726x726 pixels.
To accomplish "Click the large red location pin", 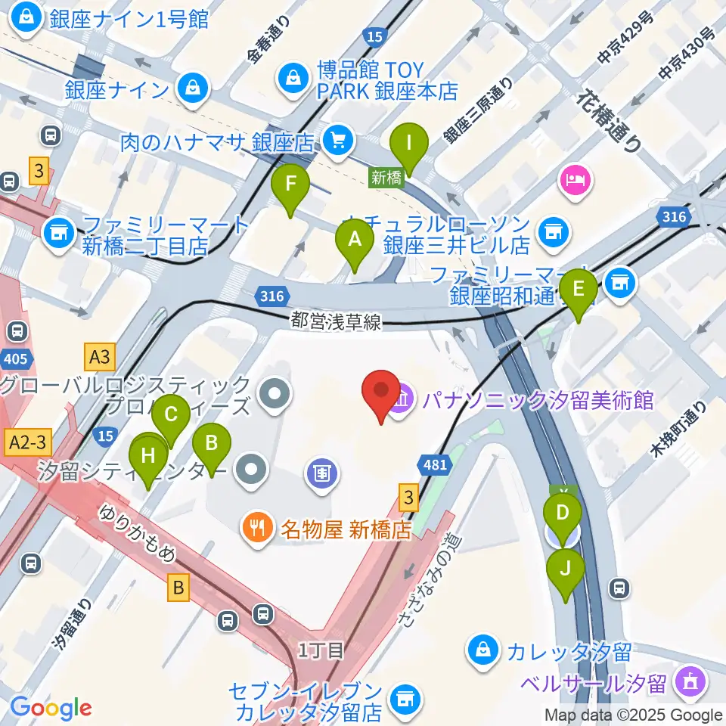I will pyautogui.click(x=382, y=394).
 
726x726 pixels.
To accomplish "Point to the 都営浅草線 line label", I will pyautogui.click(x=336, y=321).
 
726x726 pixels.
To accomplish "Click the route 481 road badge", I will pyautogui.click(x=436, y=465).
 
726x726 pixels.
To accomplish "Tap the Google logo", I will pyautogui.click(x=51, y=708).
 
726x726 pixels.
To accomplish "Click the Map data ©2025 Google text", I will pyautogui.click(x=633, y=715).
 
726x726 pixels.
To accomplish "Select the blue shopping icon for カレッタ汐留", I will pyautogui.click(x=481, y=649).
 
